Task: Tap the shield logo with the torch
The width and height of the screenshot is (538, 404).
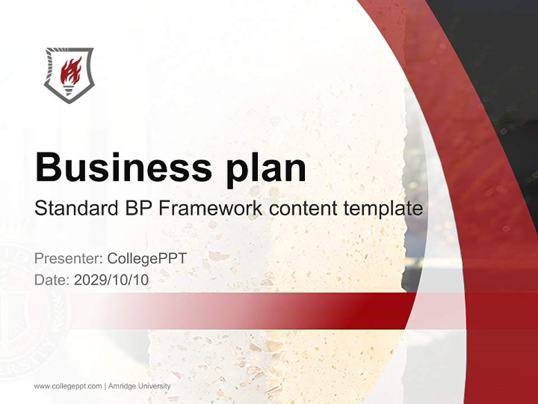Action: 69,75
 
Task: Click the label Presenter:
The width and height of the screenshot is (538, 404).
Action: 68,259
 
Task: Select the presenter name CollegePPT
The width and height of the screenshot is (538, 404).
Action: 147,259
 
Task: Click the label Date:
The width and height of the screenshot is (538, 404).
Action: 52,280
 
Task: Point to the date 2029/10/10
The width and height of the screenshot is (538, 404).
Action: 112,280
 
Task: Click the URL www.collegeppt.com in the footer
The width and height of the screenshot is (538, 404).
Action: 68,386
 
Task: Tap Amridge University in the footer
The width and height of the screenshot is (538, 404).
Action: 140,386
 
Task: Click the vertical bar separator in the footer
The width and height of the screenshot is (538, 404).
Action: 105,386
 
